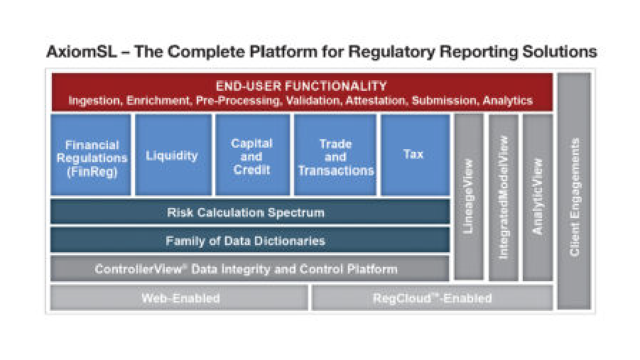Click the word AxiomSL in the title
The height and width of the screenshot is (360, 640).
[x=82, y=52]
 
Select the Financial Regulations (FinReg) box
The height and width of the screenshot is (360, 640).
[x=91, y=155]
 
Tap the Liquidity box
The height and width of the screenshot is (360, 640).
[x=173, y=155]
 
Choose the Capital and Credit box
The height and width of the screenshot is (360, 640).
[x=253, y=155]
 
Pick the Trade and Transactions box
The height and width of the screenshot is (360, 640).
[x=335, y=155]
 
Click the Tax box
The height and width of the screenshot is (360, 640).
[x=415, y=155]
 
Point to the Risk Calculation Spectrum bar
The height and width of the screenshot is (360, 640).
[x=250, y=212]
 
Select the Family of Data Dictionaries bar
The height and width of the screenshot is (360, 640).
[x=250, y=240]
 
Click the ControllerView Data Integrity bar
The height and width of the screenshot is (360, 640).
[x=250, y=268]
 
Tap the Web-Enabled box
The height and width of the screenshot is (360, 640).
[x=179, y=298]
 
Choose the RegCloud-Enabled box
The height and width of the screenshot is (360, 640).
[x=433, y=298]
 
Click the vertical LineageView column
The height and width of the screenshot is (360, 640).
[x=469, y=197]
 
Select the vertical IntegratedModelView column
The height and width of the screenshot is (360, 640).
[x=504, y=197]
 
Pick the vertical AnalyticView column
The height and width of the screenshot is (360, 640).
[x=538, y=197]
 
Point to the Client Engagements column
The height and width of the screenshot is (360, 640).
[x=574, y=191]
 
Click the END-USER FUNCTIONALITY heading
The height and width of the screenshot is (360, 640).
[x=301, y=86]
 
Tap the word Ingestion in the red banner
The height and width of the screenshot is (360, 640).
[x=95, y=101]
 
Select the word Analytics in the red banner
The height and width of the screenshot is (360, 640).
[x=507, y=101]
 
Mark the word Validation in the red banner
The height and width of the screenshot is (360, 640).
[x=313, y=101]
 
